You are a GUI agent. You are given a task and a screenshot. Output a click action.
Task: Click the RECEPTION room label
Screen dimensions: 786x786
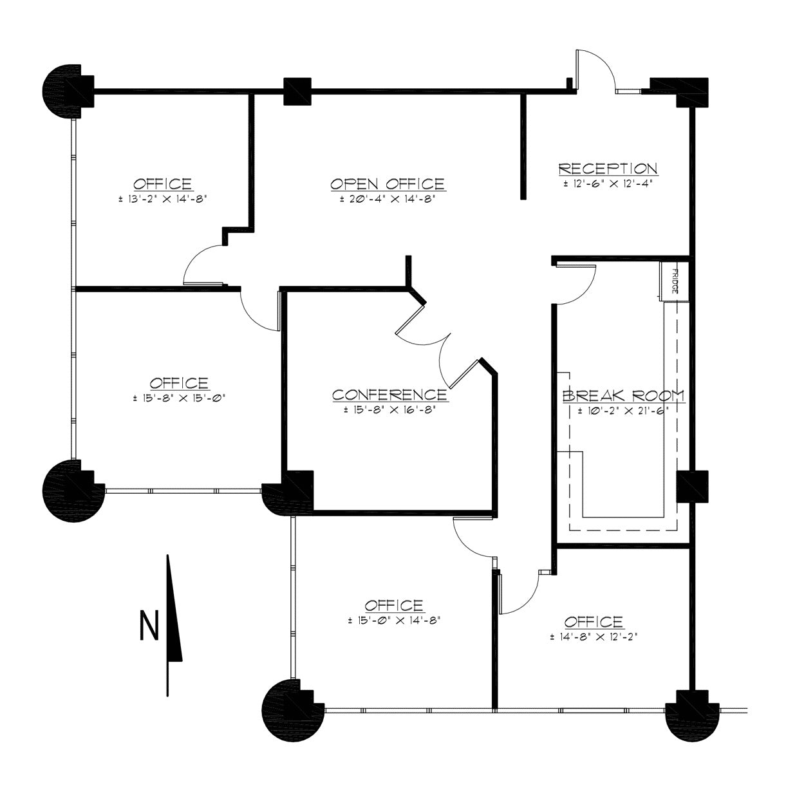pos(608,169)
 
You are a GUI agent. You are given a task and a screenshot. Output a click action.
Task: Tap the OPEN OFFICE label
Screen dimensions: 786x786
pos(388,184)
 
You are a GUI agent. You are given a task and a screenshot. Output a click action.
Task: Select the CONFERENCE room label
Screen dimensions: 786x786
pos(389,395)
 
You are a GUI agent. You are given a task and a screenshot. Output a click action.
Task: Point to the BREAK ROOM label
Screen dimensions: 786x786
pos(623,396)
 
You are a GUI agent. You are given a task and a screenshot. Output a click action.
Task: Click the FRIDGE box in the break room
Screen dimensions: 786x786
pos(674,281)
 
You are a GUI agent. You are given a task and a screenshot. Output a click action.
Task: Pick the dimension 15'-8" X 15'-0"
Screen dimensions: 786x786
pos(180,398)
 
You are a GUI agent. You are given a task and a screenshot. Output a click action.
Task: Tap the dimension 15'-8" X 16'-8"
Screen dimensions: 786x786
pos(390,409)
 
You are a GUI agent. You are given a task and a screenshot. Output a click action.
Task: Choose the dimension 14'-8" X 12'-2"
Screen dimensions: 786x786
pos(594,636)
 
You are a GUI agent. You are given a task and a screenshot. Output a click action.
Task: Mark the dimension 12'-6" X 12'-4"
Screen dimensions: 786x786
pos(608,183)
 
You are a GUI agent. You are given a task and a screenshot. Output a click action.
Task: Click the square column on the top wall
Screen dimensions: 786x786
pos(297,91)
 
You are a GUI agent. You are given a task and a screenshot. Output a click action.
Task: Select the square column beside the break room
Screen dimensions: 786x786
pos(692,486)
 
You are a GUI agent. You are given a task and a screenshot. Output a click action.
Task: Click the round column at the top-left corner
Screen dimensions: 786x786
pos(68,91)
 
